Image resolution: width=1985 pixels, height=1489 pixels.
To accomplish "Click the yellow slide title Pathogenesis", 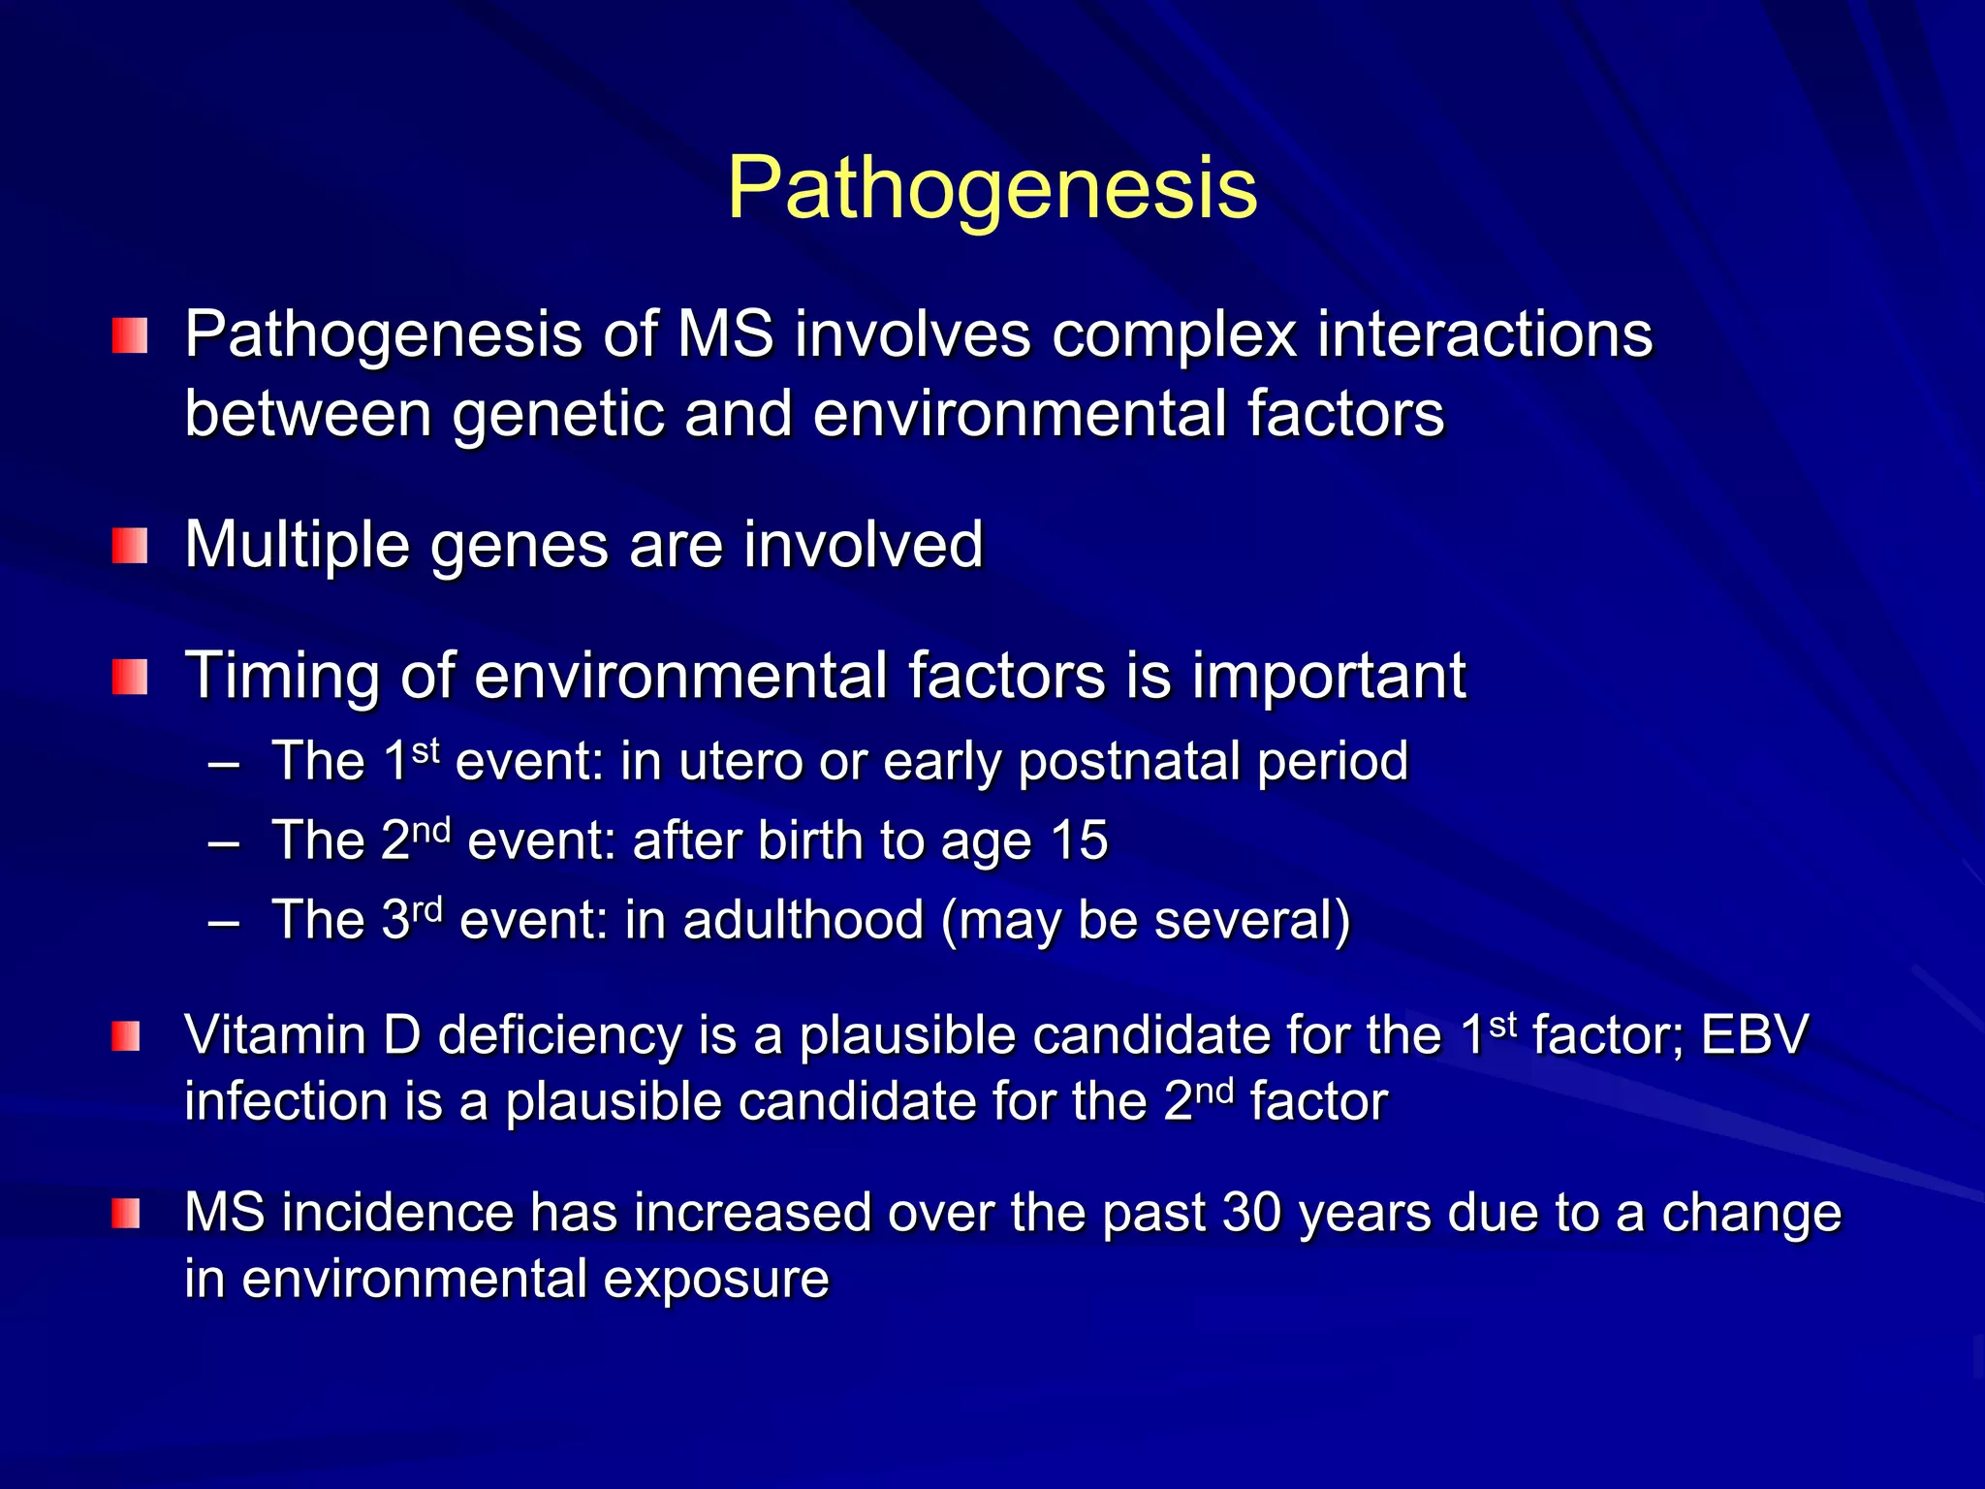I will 992,188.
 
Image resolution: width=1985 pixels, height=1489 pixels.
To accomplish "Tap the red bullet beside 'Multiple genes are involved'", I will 129,546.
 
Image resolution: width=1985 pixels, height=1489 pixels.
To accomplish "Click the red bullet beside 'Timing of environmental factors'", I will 129,677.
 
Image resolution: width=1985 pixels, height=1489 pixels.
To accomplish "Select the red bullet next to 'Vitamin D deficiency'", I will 126,1036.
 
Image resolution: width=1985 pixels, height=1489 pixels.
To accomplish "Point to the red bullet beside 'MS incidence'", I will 126,1214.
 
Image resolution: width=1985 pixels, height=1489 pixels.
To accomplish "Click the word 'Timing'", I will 282,677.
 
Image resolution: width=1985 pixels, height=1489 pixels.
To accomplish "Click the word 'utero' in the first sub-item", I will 740,761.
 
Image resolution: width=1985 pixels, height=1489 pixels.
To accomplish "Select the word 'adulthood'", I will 803,920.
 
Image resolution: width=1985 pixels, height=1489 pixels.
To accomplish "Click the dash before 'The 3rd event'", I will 224,921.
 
